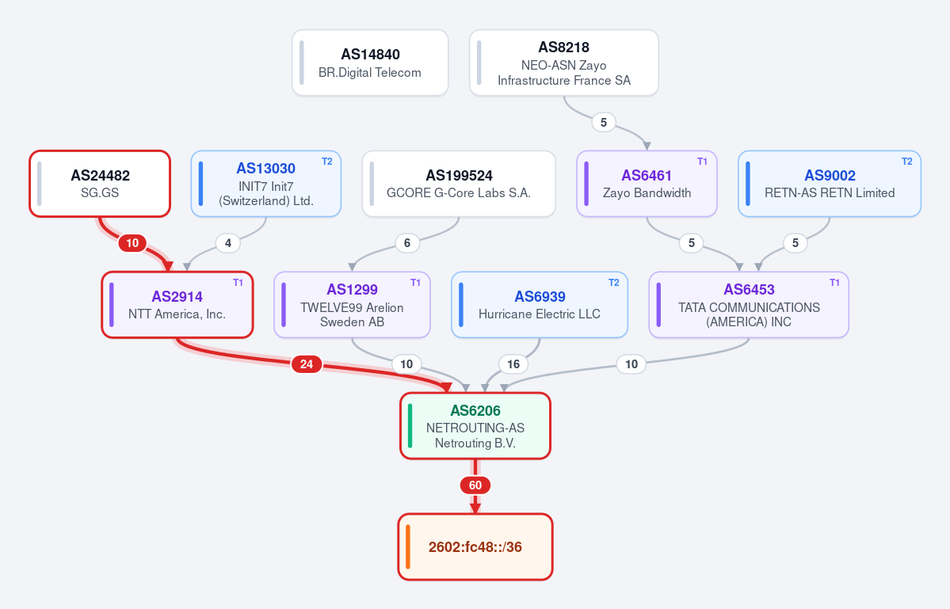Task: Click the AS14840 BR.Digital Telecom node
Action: click(370, 63)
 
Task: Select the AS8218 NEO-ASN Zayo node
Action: click(564, 63)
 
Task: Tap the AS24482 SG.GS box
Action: click(100, 184)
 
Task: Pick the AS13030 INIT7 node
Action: click(266, 184)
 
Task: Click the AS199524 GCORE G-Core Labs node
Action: click(459, 184)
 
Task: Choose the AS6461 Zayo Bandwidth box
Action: click(647, 184)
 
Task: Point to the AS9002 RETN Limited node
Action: click(830, 184)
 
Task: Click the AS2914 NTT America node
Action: click(177, 305)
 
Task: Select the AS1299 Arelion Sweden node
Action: click(352, 305)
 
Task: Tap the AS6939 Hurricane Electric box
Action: click(540, 305)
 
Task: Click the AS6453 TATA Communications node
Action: click(749, 305)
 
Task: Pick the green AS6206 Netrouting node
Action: click(475, 426)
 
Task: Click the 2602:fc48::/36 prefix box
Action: click(475, 547)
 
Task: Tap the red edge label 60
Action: click(475, 485)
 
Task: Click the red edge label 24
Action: click(307, 364)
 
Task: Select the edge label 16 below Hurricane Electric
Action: click(513, 364)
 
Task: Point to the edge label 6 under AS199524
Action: click(407, 243)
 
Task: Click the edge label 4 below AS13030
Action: click(228, 243)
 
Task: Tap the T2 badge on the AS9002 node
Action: click(907, 162)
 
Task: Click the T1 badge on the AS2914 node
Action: click(238, 283)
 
